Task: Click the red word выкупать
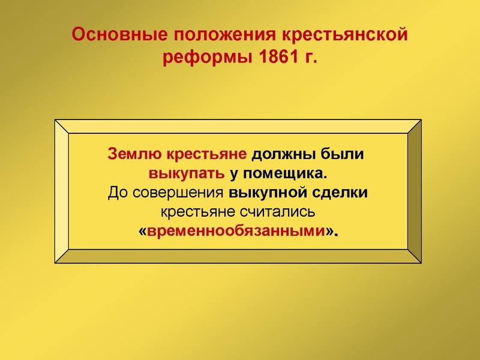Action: pos(187,174)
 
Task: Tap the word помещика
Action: pos(286,174)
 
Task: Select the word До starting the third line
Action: pos(116,193)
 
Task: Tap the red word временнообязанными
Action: pos(239,232)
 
